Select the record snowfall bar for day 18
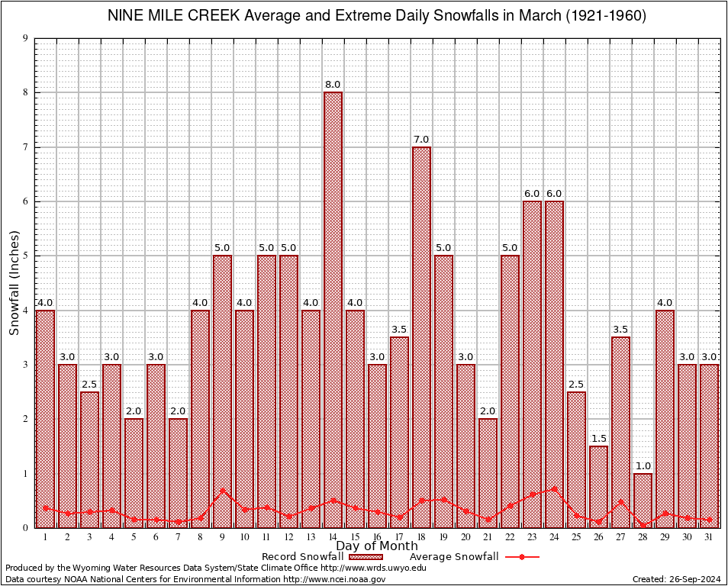tap(421, 336)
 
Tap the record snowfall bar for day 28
tap(643, 500)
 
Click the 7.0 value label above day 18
tap(421, 140)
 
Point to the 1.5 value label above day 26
tap(598, 439)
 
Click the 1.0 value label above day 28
tap(643, 466)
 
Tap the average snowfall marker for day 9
tap(222, 491)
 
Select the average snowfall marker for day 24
tap(554, 488)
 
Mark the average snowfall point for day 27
tap(620, 501)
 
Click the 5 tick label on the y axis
tap(25, 256)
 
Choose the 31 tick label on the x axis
tap(709, 537)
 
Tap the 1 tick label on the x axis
tap(46, 537)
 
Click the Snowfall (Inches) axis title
tap(14, 283)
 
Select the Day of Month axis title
tap(376, 546)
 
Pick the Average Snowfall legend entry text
tap(453, 557)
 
